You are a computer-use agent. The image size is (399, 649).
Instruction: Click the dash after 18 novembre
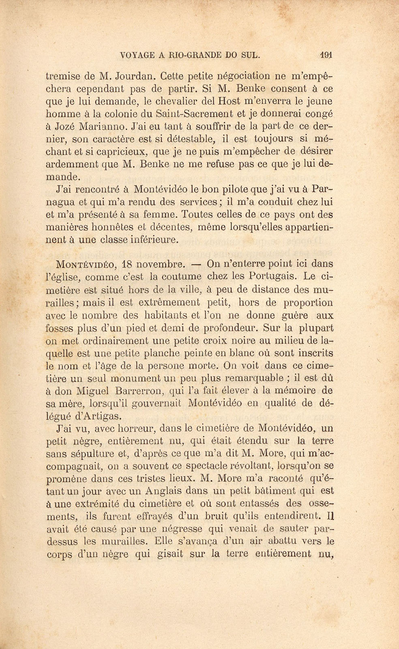196,265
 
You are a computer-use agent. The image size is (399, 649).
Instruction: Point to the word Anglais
167,491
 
